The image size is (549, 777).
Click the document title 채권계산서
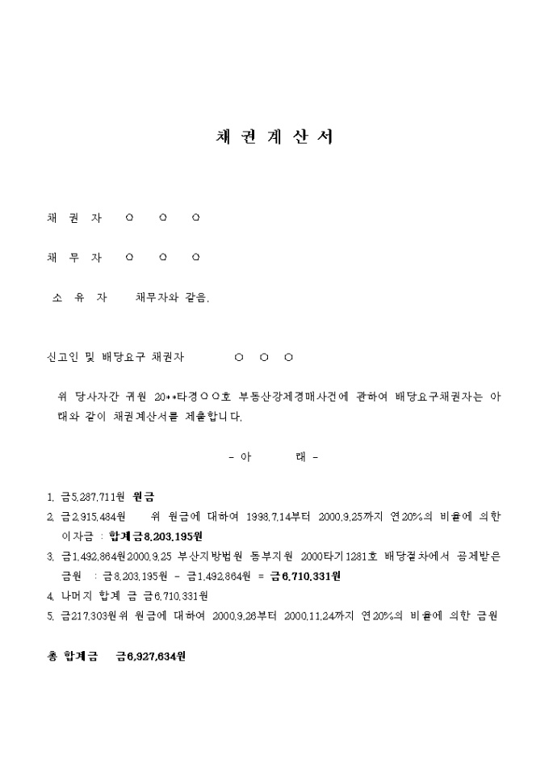274,137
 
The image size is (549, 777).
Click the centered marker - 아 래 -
274,457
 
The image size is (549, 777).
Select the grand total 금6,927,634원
151,657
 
